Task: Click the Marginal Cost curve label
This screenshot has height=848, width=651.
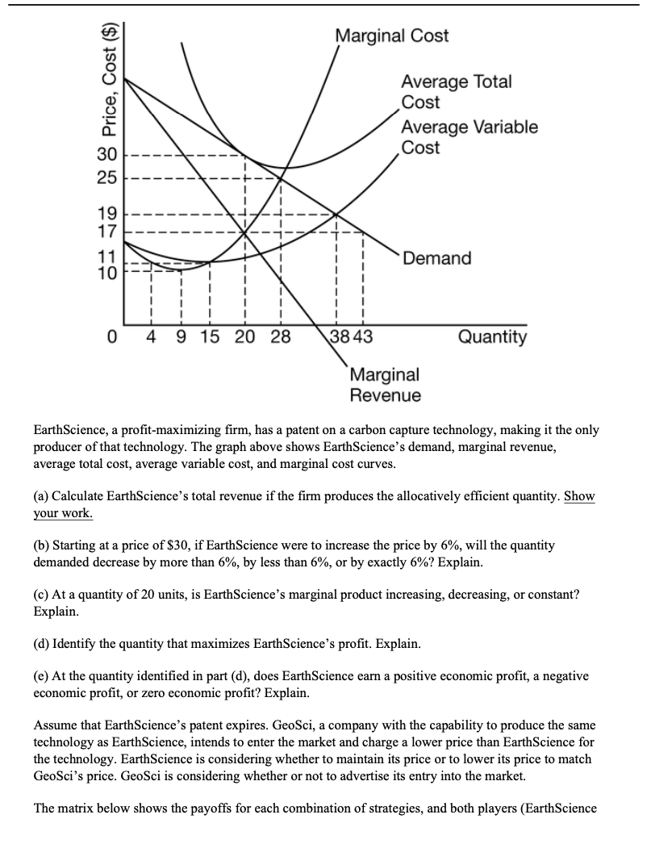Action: pos(392,36)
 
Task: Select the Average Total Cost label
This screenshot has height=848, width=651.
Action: pos(456,92)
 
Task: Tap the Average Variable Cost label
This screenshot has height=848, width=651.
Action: pos(469,137)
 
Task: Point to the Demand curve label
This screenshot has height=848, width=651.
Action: pos(437,258)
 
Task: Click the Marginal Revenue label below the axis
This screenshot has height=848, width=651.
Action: pos(386,385)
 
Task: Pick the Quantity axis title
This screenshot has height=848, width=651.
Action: pos(492,336)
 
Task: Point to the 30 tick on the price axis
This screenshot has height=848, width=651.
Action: pos(108,155)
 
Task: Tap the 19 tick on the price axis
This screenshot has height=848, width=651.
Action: pos(108,215)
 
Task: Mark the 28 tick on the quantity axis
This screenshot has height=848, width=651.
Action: pos(280,336)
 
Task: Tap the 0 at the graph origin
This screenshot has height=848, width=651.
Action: pos(114,336)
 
